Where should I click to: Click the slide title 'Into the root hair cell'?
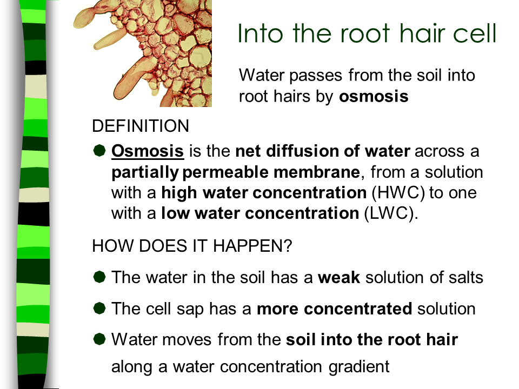coord(367,33)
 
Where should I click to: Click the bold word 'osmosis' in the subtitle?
coord(374,97)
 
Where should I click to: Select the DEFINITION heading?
coord(141,126)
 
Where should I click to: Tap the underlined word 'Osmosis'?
coord(148,151)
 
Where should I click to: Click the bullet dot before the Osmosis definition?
coord(99,151)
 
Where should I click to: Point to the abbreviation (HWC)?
coord(398,192)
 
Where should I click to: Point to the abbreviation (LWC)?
coord(391,213)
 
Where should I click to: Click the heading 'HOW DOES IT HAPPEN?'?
coord(192,246)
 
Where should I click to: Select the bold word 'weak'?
coord(339,278)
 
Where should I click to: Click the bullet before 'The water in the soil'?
coord(99,277)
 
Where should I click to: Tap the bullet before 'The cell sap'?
coord(99,308)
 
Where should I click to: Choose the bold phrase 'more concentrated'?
coord(335,309)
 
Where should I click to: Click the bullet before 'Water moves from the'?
coord(99,339)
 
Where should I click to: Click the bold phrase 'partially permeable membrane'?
coord(236,172)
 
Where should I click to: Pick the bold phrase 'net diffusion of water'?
coord(323,151)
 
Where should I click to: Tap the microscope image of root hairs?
coord(143,53)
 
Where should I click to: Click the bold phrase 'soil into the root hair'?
coord(372,340)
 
